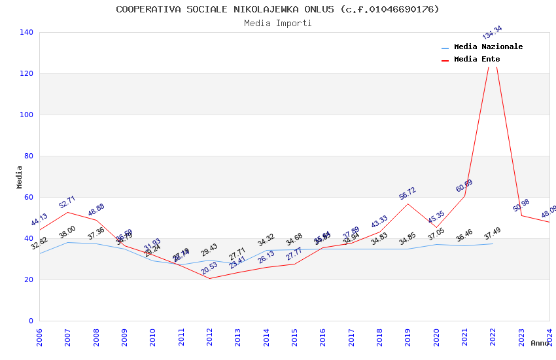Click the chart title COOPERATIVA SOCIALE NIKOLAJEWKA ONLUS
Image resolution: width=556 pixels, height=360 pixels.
point(277,9)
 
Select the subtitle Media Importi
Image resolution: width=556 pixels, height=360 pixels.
point(277,23)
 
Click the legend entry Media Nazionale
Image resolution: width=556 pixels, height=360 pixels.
point(488,47)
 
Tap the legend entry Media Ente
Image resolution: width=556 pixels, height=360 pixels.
point(476,60)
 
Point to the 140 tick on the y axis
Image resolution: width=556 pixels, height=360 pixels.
point(27,32)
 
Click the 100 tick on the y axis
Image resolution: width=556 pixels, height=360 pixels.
point(27,115)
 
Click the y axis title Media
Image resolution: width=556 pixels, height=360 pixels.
point(19,177)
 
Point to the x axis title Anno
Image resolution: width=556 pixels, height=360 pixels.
point(540,343)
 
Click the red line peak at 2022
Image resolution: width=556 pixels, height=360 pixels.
point(493,45)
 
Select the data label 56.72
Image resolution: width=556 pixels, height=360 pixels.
point(408,194)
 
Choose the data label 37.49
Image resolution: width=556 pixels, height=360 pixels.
point(492,234)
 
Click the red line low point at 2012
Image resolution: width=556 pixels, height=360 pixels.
point(209,278)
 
